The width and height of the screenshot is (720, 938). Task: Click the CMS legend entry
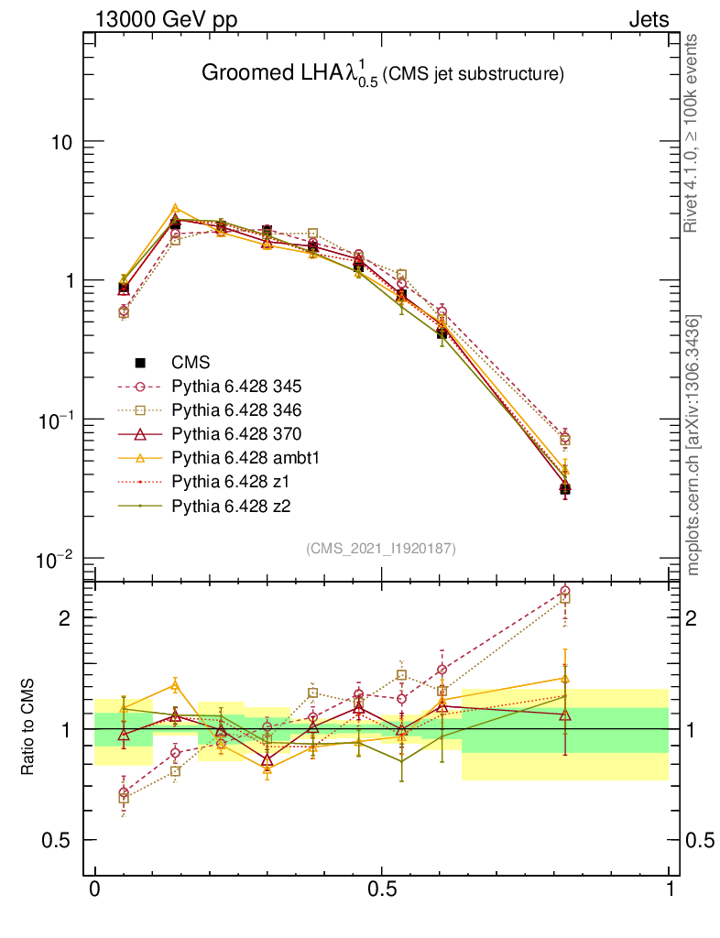tap(191, 363)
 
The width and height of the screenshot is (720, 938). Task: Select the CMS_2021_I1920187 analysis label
tap(381, 548)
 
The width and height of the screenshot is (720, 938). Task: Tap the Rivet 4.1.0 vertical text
tap(693, 135)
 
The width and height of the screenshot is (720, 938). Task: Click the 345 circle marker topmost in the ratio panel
tap(564, 592)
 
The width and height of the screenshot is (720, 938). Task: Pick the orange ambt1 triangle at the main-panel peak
tap(175, 209)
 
